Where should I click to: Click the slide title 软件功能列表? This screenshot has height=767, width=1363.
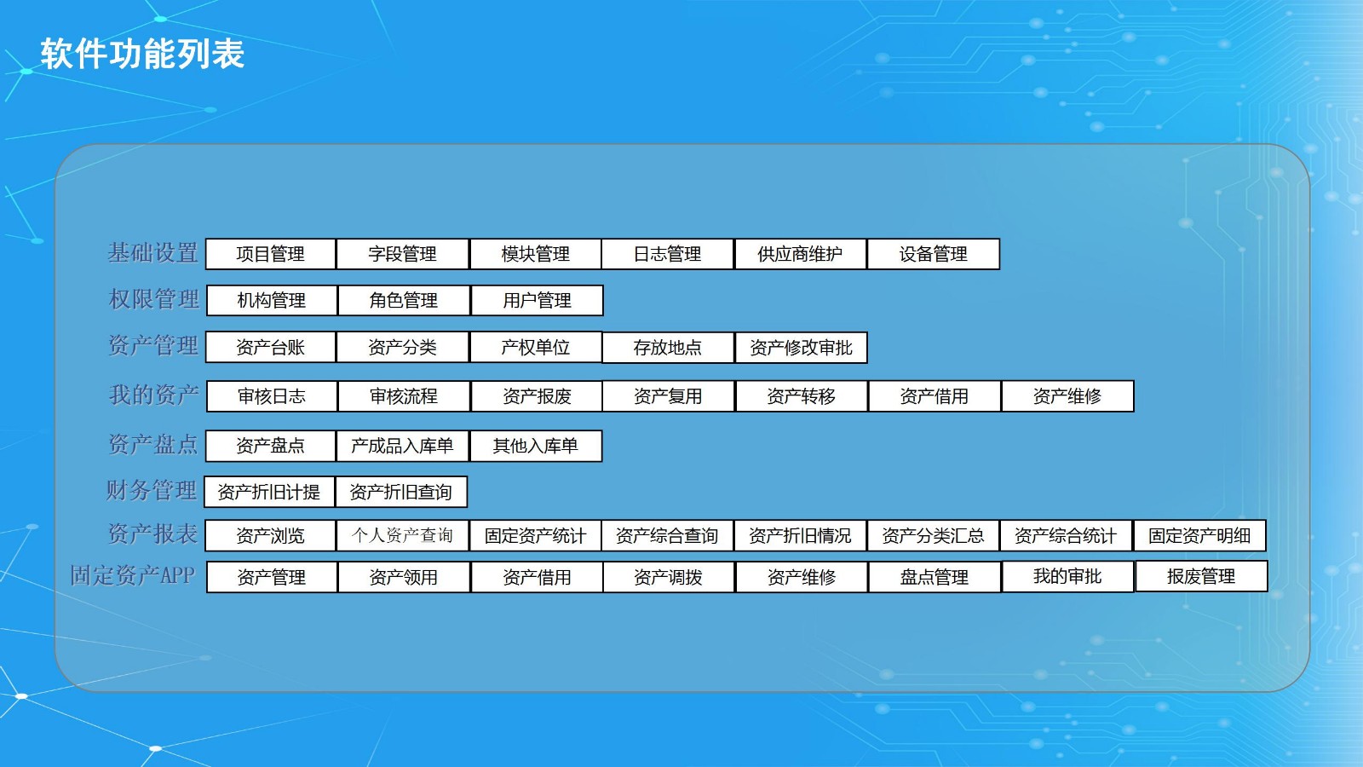tap(142, 54)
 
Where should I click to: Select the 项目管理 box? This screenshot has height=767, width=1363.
tap(271, 254)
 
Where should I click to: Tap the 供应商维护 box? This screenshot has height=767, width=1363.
tap(800, 254)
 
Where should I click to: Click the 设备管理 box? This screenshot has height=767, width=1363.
tap(934, 254)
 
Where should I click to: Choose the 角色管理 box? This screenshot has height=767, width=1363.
tap(404, 300)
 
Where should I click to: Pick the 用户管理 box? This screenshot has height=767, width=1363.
tap(538, 300)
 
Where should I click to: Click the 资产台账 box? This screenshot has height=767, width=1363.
tap(271, 347)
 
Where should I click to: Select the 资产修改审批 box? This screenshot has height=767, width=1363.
tap(802, 348)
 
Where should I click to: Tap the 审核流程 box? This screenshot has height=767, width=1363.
tap(404, 396)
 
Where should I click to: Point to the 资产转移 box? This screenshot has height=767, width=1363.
tap(802, 396)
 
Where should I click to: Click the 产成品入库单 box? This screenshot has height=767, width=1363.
tap(402, 447)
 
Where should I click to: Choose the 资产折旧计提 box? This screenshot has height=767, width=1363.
tap(269, 492)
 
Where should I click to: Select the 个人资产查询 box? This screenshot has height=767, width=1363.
tap(402, 536)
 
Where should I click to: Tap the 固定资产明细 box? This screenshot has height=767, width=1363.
tap(1199, 536)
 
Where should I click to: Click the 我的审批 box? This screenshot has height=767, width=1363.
tap(1068, 576)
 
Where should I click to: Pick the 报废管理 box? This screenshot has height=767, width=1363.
tap(1201, 576)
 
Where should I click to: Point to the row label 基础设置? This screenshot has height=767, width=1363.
tap(153, 252)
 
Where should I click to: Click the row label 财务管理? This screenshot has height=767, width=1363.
tap(152, 490)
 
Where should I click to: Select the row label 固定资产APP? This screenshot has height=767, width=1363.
tap(133, 575)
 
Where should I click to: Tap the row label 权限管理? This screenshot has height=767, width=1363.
tap(154, 299)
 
